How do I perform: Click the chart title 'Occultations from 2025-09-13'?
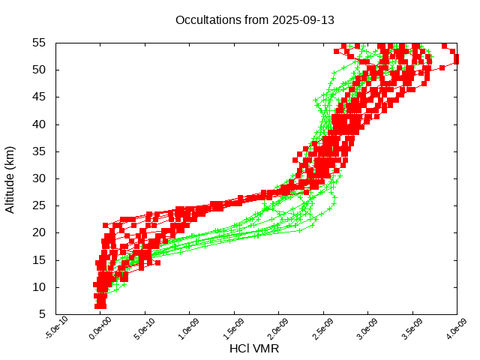(x=255, y=19)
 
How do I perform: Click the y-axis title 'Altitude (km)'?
(x=10, y=178)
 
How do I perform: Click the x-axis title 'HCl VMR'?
(x=256, y=349)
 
